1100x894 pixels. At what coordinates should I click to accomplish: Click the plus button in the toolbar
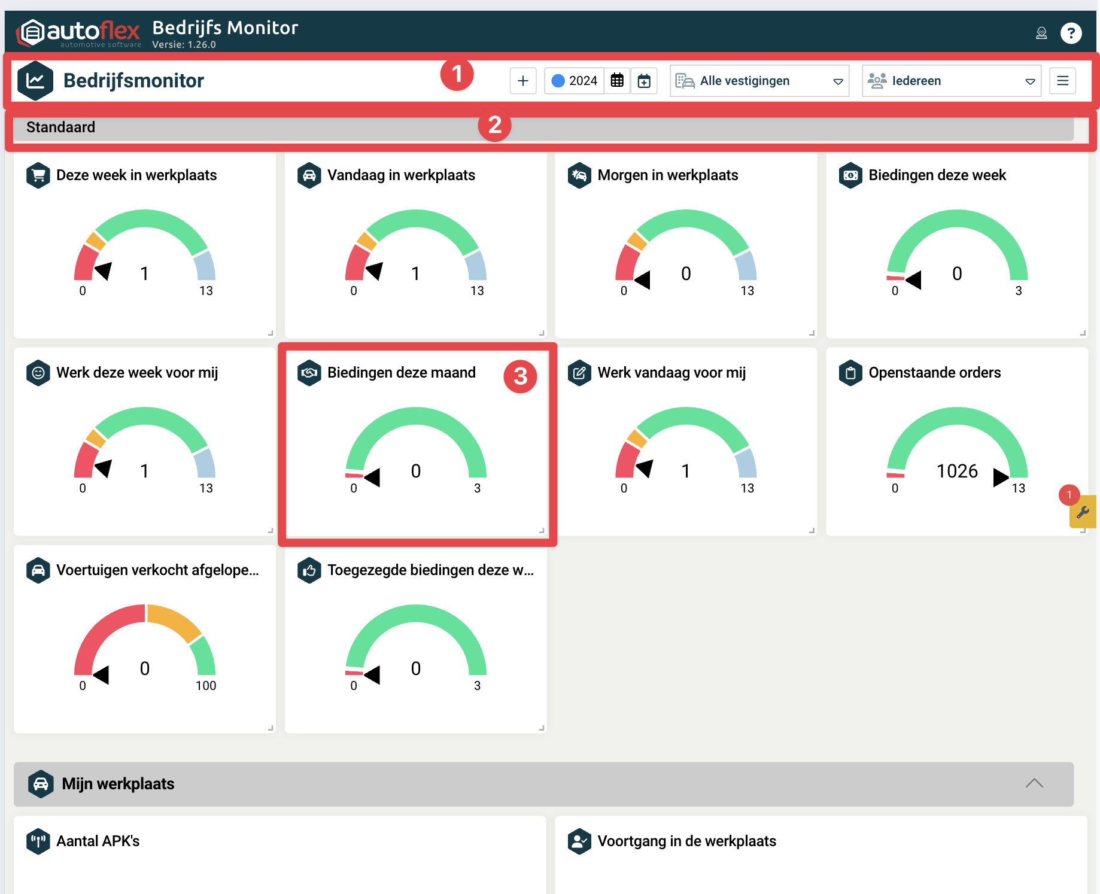(x=522, y=81)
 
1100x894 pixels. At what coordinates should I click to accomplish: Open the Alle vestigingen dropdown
(x=759, y=81)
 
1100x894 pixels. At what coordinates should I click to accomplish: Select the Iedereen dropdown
(x=951, y=81)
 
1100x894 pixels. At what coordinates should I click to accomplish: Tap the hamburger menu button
(x=1062, y=81)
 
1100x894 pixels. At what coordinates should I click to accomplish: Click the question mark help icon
(x=1071, y=33)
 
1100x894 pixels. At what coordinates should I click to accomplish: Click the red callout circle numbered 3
(x=520, y=376)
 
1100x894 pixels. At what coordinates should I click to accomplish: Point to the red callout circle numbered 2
(x=494, y=126)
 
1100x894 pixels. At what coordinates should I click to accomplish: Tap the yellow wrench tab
(x=1083, y=512)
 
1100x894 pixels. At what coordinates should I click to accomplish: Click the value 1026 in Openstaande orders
(x=956, y=472)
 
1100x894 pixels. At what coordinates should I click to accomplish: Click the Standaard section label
(x=60, y=127)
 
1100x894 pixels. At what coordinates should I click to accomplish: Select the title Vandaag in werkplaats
(x=401, y=175)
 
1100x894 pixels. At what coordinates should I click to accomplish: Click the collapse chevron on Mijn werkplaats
(x=1034, y=783)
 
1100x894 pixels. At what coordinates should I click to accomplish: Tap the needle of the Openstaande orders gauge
(x=1000, y=477)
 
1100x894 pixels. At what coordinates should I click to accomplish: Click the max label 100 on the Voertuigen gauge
(x=206, y=686)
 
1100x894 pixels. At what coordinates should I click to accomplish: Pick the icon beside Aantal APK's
(x=38, y=841)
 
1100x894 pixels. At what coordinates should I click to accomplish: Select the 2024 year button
(x=575, y=81)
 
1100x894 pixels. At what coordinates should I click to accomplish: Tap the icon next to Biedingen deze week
(x=850, y=175)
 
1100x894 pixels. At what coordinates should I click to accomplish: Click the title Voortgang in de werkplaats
(x=686, y=841)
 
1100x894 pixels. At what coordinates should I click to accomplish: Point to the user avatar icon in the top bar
(x=1041, y=33)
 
